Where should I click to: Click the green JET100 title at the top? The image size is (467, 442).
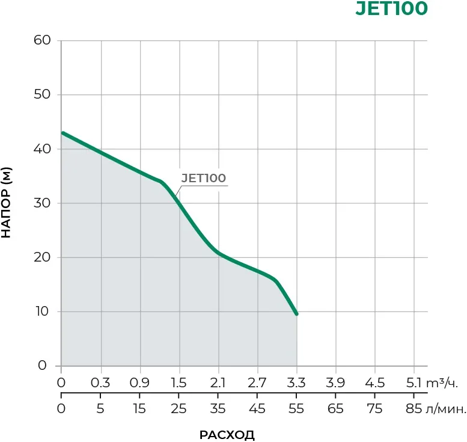[392, 9]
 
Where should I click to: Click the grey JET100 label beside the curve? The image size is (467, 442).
[203, 178]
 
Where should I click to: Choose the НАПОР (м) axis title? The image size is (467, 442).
[7, 203]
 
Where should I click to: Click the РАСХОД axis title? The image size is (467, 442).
[227, 435]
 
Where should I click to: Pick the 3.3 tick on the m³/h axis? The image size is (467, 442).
[296, 383]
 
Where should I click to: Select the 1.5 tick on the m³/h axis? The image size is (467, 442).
[179, 383]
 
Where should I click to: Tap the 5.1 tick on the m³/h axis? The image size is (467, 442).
[414, 383]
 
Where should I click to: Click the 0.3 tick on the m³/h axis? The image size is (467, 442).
[100, 383]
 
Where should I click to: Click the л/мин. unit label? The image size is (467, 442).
[446, 410]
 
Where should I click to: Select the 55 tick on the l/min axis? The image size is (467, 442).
[296, 410]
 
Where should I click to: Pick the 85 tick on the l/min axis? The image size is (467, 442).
[414, 410]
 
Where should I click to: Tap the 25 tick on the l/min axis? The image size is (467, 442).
[179, 410]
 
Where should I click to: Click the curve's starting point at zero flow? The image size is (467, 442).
[62, 133]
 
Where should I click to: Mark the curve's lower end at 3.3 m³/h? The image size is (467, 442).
[296, 314]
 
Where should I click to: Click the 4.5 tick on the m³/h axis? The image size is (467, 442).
[374, 383]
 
